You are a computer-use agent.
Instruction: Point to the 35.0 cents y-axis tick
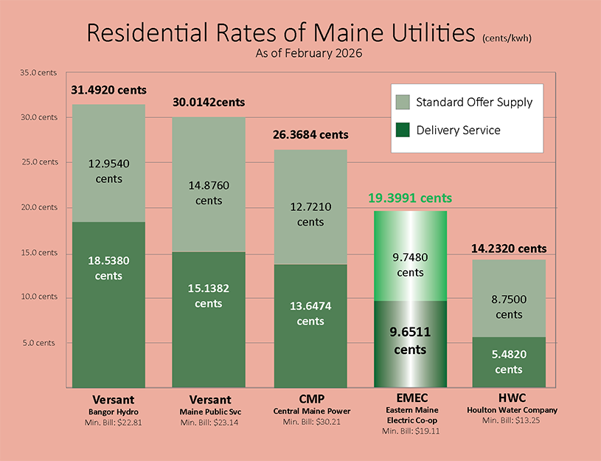tap(38, 72)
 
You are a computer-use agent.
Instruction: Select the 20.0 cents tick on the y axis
tap(38, 207)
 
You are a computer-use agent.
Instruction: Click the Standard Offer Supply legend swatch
tap(402, 102)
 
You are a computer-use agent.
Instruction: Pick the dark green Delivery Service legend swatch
tap(402, 130)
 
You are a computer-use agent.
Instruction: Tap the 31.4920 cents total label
tap(108, 90)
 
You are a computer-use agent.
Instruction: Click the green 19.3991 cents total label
tap(410, 198)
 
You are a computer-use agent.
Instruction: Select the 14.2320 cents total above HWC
tap(509, 249)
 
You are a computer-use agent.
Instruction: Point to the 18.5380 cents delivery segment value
tap(108, 268)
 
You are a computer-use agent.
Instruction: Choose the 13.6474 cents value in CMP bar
tap(310, 313)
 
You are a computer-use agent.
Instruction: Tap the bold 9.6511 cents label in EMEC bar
tap(410, 341)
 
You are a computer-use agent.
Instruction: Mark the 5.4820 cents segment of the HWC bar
tap(509, 361)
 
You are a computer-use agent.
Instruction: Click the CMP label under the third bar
tap(310, 398)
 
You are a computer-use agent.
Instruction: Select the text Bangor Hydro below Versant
tap(108, 411)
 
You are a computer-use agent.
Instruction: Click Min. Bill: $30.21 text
tap(310, 422)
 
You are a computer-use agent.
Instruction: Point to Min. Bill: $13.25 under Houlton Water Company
tap(509, 420)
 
